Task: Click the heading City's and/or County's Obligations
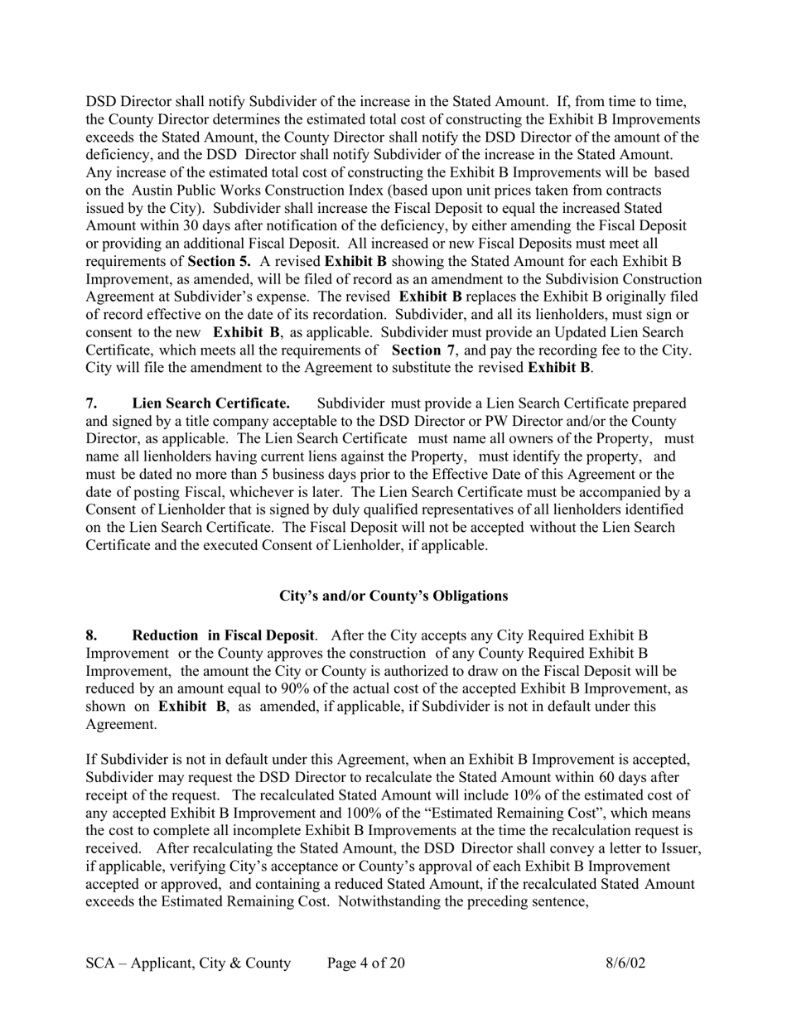point(393,596)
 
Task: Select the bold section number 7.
point(91,403)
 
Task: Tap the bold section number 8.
point(91,635)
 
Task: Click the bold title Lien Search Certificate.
point(210,403)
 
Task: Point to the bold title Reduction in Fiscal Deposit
point(224,635)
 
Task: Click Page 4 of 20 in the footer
point(366,963)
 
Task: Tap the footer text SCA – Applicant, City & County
point(188,963)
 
